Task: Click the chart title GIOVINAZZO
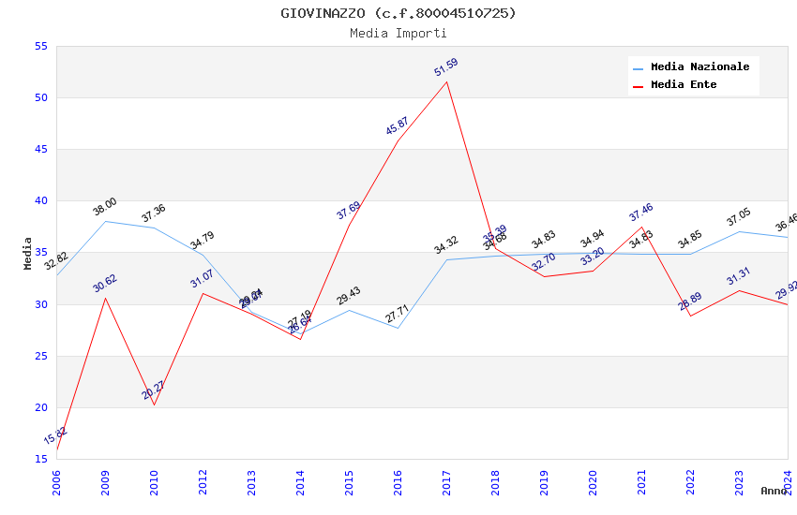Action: pos(398,13)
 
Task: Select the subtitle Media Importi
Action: pos(398,34)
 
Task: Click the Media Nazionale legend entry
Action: pos(699,67)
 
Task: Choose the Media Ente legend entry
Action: pos(684,85)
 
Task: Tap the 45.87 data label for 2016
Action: pos(398,126)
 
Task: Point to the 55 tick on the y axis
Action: pos(39,47)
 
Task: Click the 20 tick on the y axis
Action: pos(39,407)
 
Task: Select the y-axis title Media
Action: pos(28,253)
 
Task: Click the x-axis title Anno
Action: pos(774,491)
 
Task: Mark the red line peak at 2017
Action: pos(446,81)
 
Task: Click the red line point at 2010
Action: pos(154,405)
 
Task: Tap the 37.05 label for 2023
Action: pos(739,219)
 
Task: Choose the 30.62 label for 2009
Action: pos(105,284)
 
